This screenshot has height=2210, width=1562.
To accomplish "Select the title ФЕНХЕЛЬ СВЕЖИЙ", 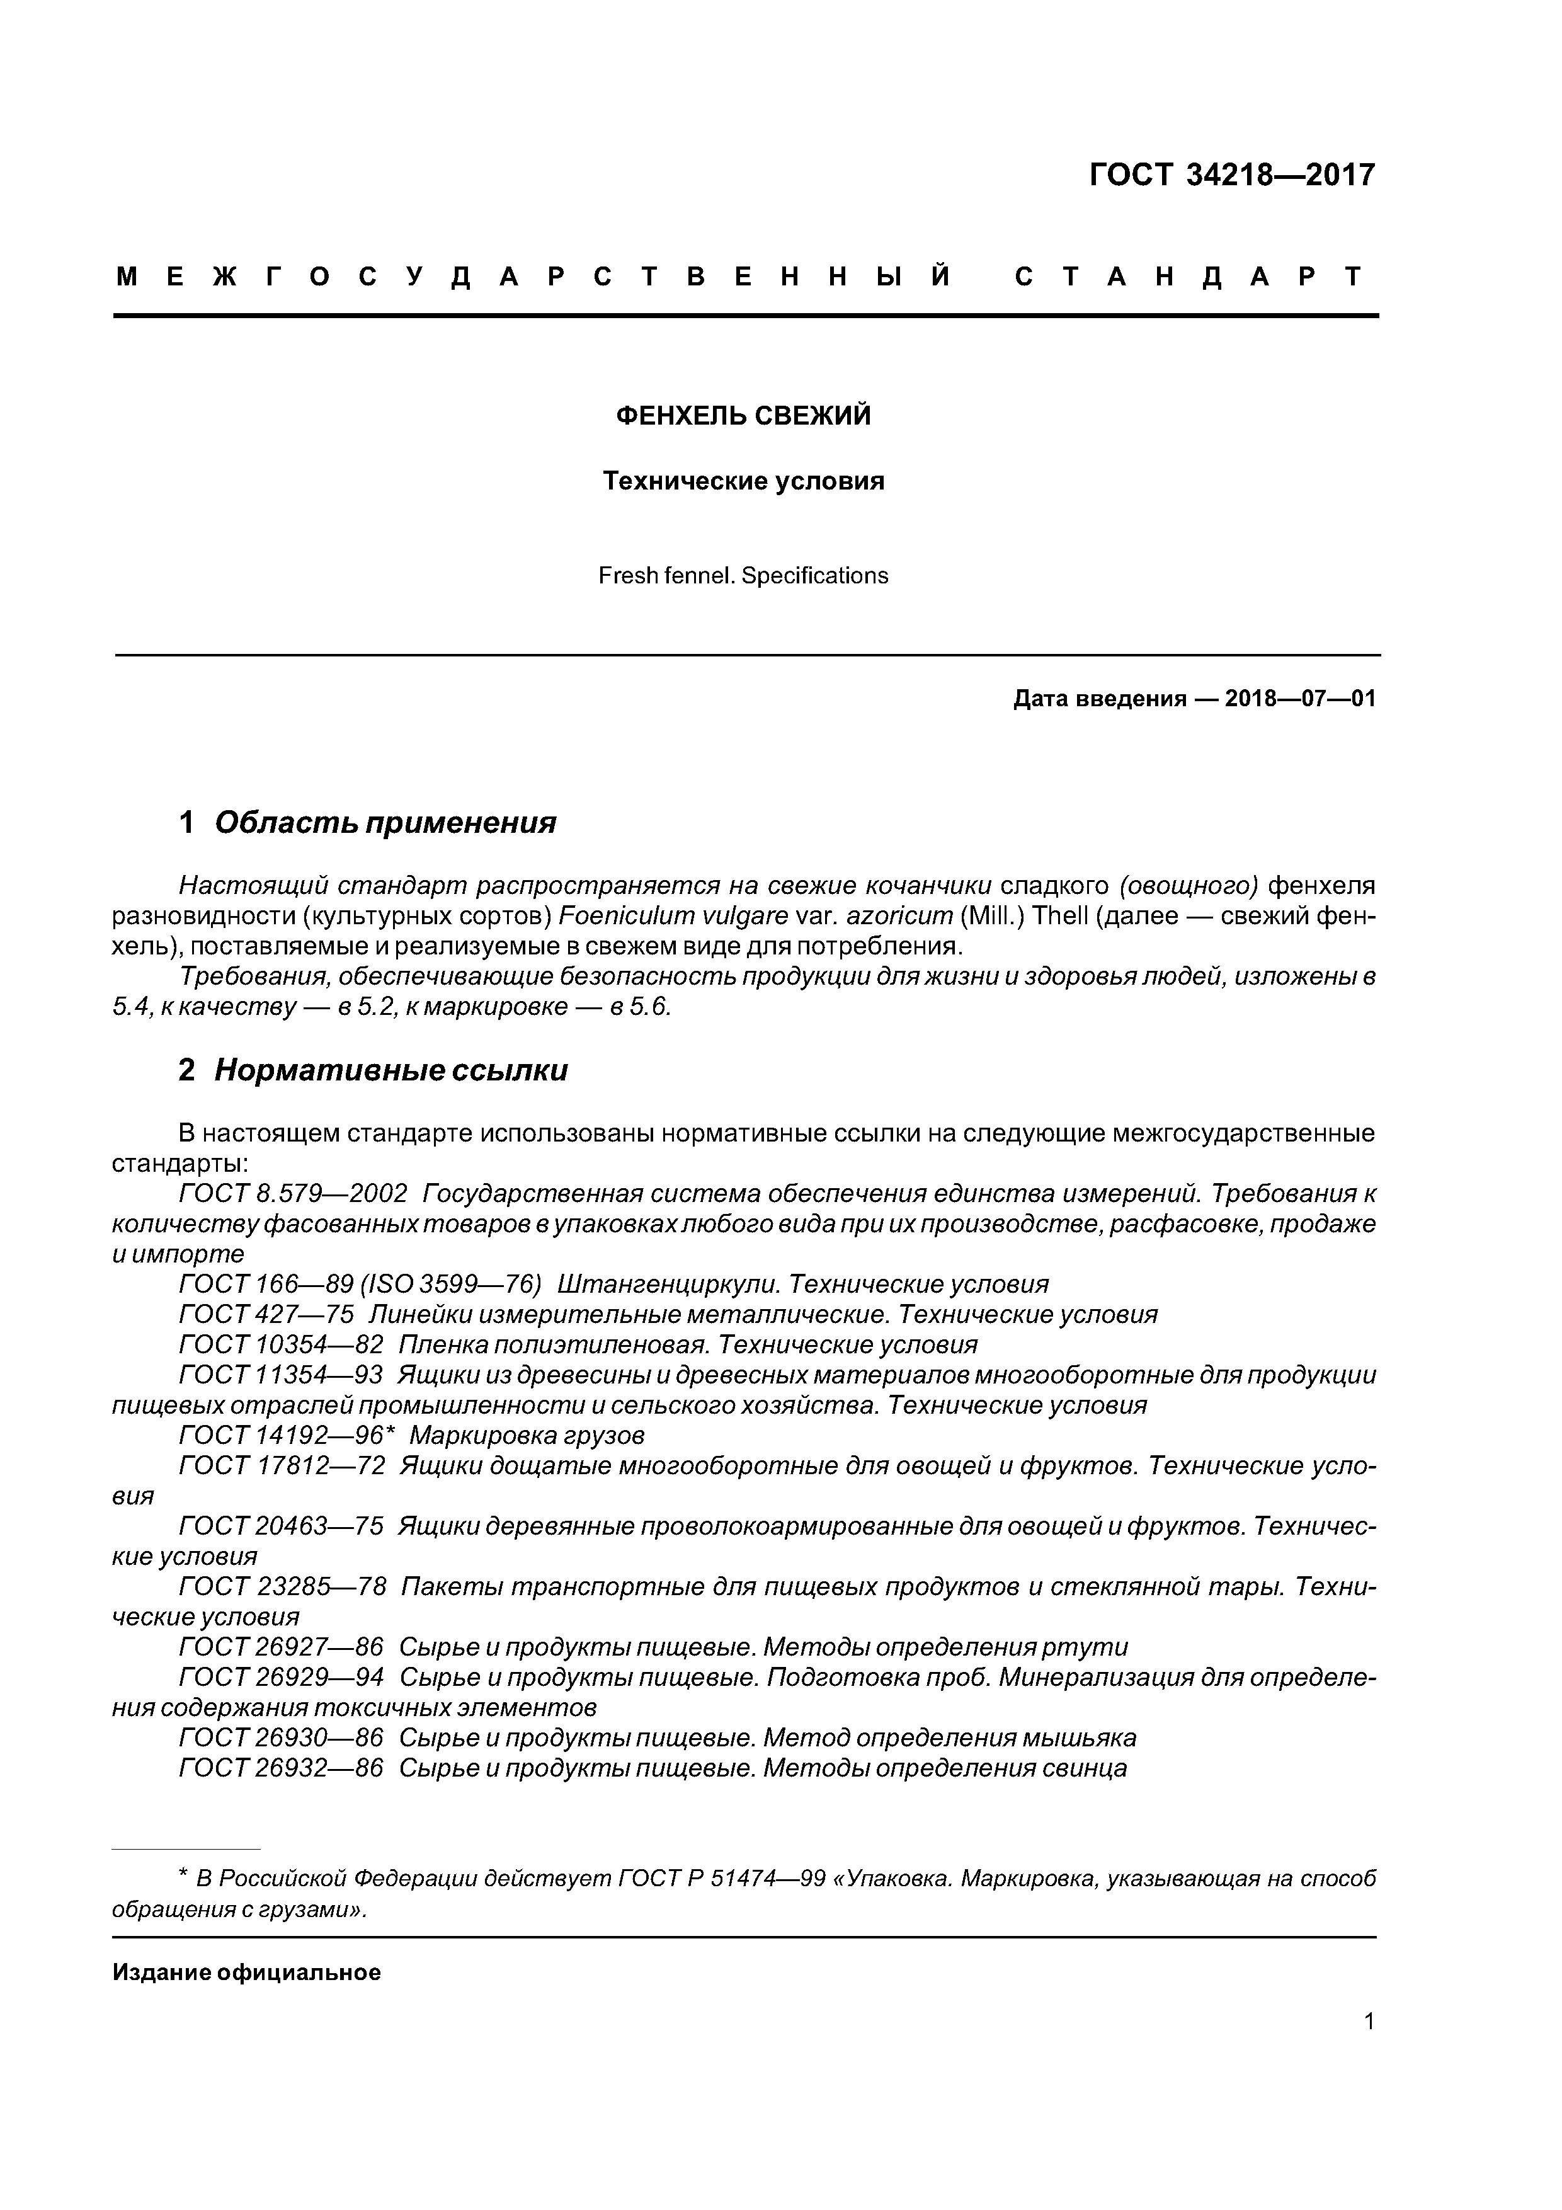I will tap(743, 416).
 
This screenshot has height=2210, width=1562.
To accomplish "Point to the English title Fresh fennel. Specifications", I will tap(743, 576).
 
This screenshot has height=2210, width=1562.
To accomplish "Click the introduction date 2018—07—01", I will tap(1300, 698).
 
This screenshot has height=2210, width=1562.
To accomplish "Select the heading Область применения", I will tap(385, 822).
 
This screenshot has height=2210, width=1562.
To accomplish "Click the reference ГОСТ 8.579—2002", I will tap(294, 1194).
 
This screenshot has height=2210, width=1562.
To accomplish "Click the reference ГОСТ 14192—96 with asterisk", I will tap(287, 1435).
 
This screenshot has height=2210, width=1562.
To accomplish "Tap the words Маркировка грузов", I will tap(527, 1435).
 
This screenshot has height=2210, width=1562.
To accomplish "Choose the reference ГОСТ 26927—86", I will tap(281, 1647).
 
